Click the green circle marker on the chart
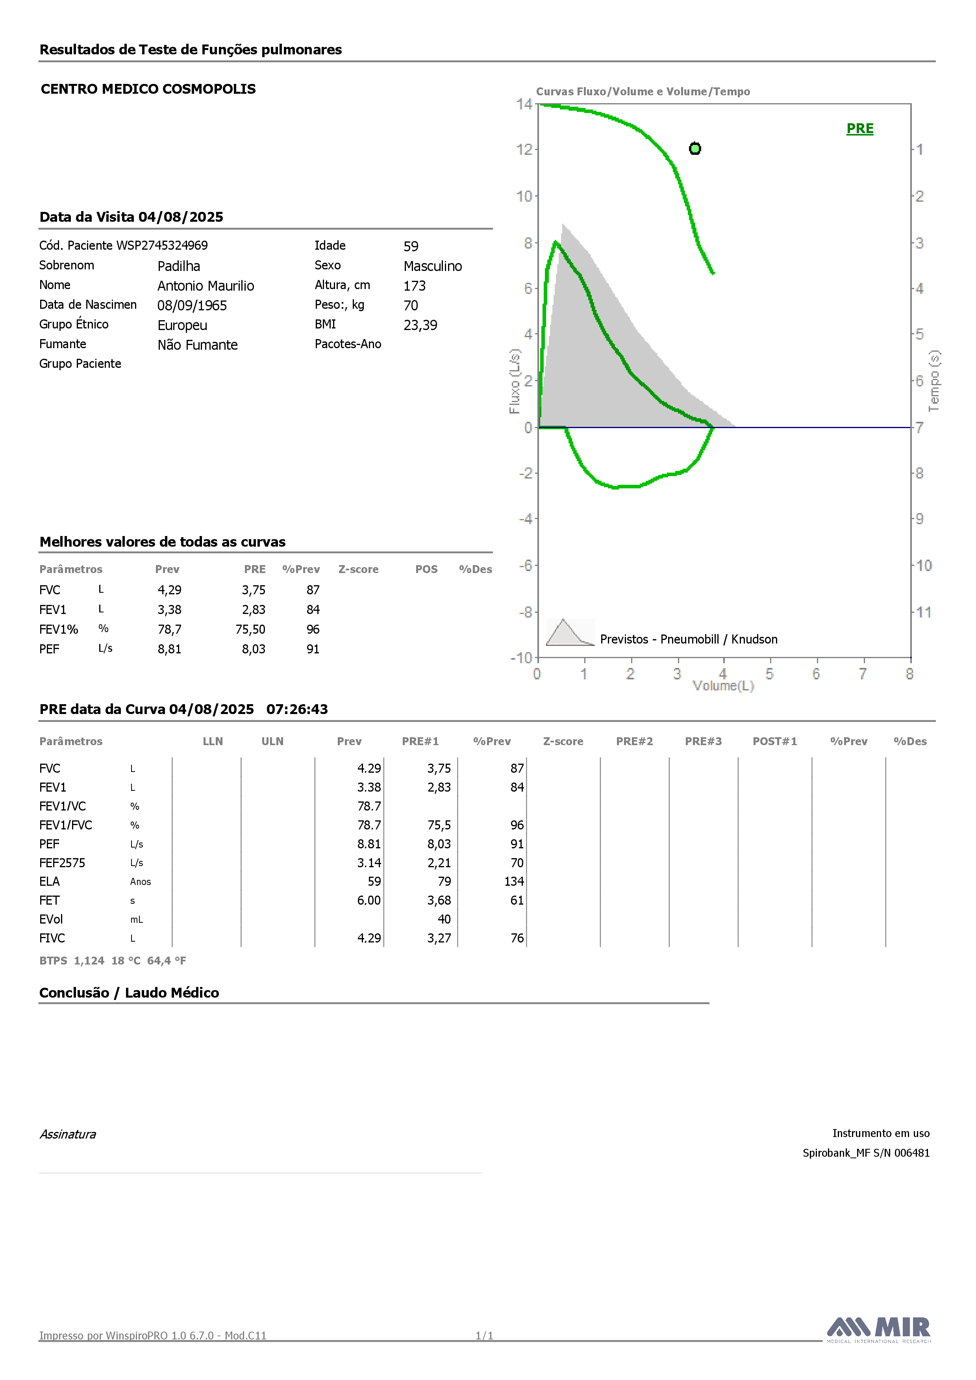point(695,148)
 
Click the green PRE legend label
point(860,129)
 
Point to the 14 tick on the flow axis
point(524,104)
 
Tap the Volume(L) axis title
point(723,686)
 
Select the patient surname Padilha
point(178,266)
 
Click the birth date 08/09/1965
point(192,305)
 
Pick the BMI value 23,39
point(420,325)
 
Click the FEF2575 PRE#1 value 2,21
point(439,862)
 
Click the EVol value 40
point(444,919)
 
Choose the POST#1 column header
point(775,741)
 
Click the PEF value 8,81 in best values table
point(169,649)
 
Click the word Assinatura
point(68,1134)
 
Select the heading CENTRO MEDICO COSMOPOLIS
point(148,89)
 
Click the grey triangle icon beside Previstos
point(569,632)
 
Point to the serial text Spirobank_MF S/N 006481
point(866,1153)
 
